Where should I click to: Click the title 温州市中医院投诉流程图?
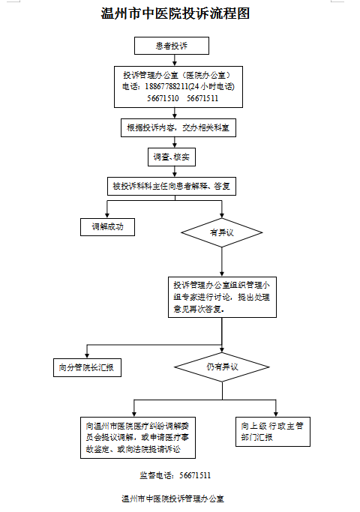pyautogui.click(x=175, y=13)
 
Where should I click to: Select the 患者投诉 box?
pyautogui.click(x=172, y=46)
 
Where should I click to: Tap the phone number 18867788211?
pyautogui.click(x=166, y=86)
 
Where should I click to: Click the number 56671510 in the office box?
pyautogui.click(x=163, y=98)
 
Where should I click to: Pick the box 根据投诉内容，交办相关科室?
pyautogui.click(x=178, y=127)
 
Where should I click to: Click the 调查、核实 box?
pyautogui.click(x=172, y=157)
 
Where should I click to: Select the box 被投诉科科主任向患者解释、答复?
pyautogui.click(x=172, y=186)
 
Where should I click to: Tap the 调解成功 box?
pyautogui.click(x=107, y=227)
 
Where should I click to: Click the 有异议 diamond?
pyautogui.click(x=222, y=233)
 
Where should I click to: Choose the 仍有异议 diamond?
pyautogui.click(x=222, y=367)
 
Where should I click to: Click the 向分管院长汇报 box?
pyautogui.click(x=87, y=367)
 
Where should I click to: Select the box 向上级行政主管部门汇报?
pyautogui.click(x=273, y=432)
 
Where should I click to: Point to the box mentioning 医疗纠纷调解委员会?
pyautogui.click(x=138, y=438)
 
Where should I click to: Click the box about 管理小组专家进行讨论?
pyautogui.click(x=222, y=297)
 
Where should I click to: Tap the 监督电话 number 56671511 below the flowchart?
pyautogui.click(x=195, y=475)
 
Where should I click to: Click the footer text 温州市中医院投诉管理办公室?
pyautogui.click(x=172, y=499)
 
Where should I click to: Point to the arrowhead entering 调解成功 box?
pyautogui.click(x=107, y=215)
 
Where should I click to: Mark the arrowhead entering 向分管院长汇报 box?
pyautogui.click(x=87, y=355)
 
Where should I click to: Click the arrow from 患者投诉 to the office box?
pyautogui.click(x=175, y=61)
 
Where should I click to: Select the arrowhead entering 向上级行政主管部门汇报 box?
pyautogui.click(x=276, y=414)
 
